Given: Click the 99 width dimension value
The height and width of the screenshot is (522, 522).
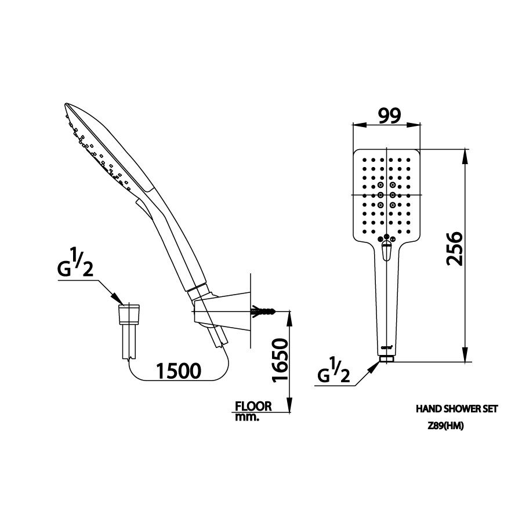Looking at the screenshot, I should [388, 117].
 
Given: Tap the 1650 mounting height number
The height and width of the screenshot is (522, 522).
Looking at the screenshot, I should [279, 360].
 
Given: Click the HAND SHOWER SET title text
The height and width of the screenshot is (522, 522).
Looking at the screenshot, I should [457, 409].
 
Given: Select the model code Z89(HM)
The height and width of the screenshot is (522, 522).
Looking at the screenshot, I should [446, 425].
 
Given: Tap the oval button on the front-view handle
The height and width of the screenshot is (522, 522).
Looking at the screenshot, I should [387, 252].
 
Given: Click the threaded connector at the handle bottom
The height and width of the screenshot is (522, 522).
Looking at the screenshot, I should [387, 358].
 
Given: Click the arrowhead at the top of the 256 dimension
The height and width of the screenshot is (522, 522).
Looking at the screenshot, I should [465, 154].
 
